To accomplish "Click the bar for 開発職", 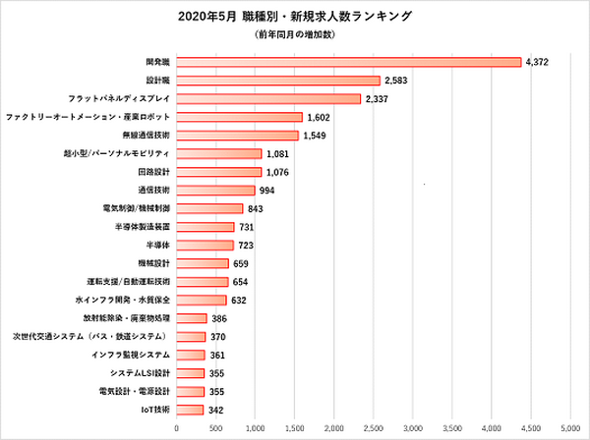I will click(x=348, y=62).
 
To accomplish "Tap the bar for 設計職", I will click(x=277, y=81).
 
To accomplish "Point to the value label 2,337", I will click(x=380, y=98).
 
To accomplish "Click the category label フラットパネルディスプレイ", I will click(x=119, y=98).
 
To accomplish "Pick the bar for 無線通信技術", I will click(x=237, y=135).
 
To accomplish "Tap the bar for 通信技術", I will click(x=215, y=190).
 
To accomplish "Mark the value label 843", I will click(x=258, y=208).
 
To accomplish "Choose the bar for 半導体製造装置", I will click(x=205, y=226).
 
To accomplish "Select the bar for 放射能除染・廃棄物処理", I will click(x=192, y=318).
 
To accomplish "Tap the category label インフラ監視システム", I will click(x=131, y=355).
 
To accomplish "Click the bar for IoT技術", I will click(x=190, y=410).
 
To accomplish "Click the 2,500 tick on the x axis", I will click(x=374, y=428).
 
